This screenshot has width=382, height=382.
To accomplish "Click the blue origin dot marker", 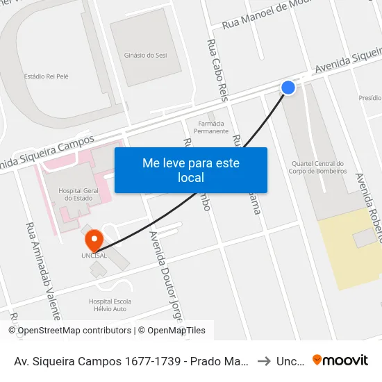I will coord(288,87).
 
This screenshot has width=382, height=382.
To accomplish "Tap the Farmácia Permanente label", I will coord(211,126).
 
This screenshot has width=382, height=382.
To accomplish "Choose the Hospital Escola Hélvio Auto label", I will coord(110,306).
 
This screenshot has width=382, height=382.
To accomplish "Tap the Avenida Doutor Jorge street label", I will coord(165,278).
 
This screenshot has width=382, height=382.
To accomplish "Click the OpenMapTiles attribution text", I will coord(176,331).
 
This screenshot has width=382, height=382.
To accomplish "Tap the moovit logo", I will coord(340,360).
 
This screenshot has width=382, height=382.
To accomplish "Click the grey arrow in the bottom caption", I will coord(264,360).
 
